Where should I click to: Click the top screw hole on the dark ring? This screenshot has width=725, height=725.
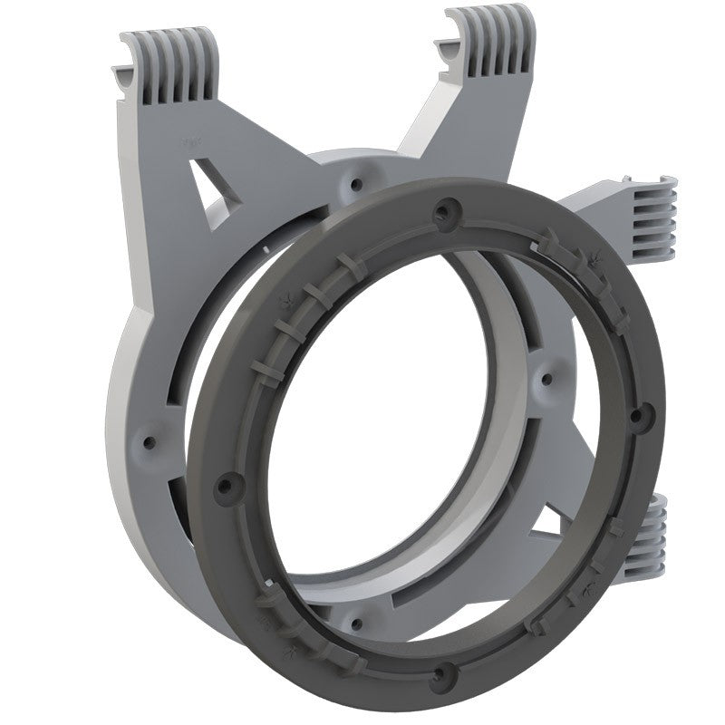click(x=441, y=212)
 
